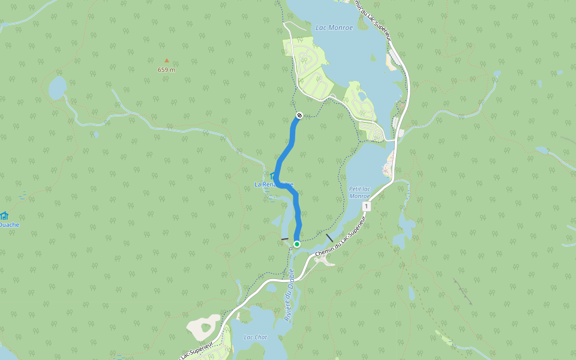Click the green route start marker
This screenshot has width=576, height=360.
click(296, 244)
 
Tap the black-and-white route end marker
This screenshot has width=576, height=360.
click(299, 115)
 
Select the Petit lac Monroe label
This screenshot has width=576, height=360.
click(359, 192)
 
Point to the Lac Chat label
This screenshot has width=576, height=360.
click(255, 337)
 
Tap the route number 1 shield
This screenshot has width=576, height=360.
click(367, 206)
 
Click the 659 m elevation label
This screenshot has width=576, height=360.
click(166, 70)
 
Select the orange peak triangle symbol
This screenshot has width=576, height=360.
click(167, 60)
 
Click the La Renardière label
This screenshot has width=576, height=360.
click(274, 184)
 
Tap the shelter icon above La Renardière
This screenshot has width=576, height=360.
click(273, 175)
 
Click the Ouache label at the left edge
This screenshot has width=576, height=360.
click(9, 225)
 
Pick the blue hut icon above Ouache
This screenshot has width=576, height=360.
click(4, 215)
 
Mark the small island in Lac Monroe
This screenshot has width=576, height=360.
click(361, 95)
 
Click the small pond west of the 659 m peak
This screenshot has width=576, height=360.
click(58, 88)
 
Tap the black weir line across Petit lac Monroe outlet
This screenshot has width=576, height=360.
click(329, 237)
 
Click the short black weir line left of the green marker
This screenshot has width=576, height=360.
click(284, 239)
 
